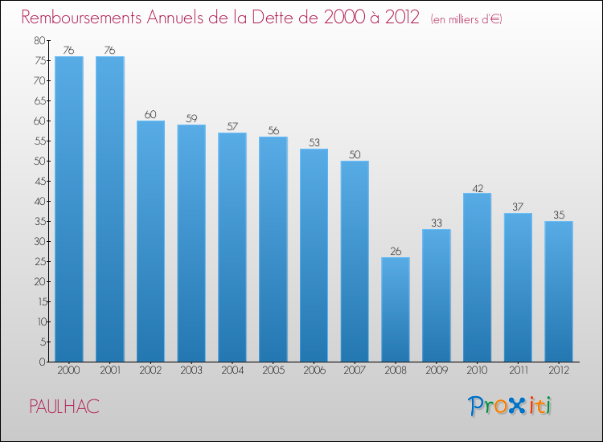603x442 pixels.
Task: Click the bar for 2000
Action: pyautogui.click(x=69, y=209)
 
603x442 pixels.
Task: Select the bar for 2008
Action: pyautogui.click(x=396, y=309)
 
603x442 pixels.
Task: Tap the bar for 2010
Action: pyautogui.click(x=477, y=277)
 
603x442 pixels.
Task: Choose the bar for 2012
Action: pyautogui.click(x=559, y=291)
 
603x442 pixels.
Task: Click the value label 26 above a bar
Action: pyautogui.click(x=396, y=251)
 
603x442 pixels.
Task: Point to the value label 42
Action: pyautogui.click(x=477, y=187)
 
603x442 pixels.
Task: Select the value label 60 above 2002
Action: pyautogui.click(x=150, y=115)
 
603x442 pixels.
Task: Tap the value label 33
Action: pyautogui.click(x=437, y=223)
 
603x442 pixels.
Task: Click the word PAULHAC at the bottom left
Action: pyautogui.click(x=64, y=407)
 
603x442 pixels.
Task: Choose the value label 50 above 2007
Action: pyautogui.click(x=355, y=155)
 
